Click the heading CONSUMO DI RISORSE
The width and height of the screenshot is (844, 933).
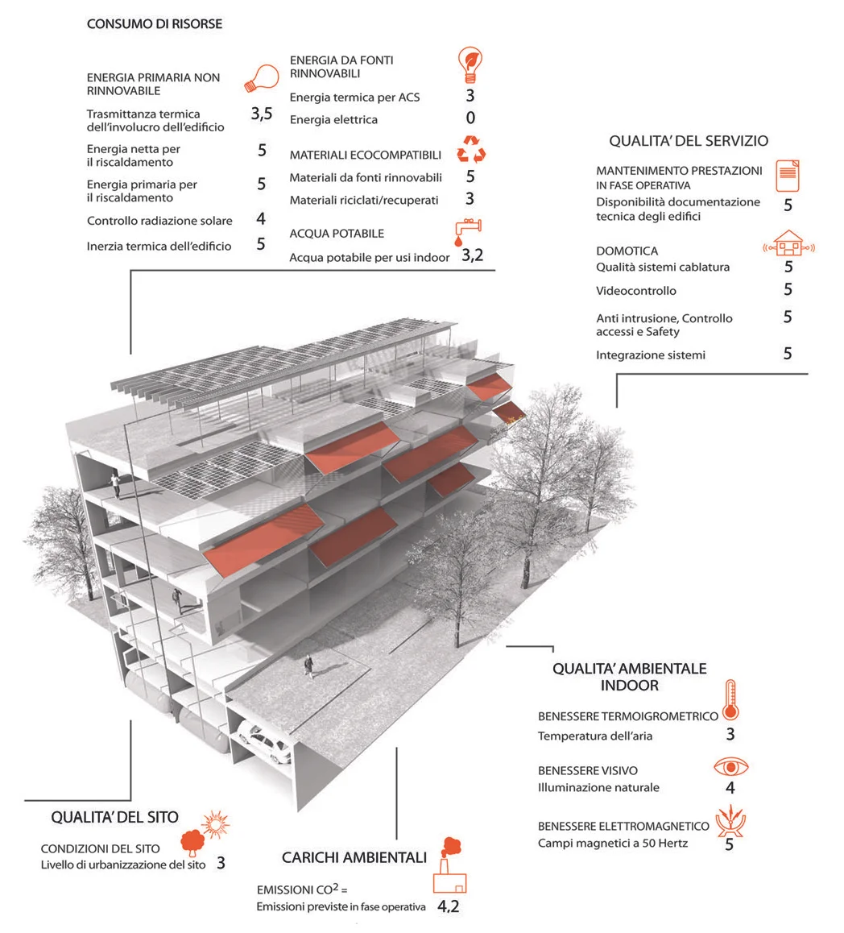click(x=155, y=24)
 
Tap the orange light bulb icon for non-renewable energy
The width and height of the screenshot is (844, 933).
click(x=263, y=78)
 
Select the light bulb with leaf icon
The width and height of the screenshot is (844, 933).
click(x=470, y=64)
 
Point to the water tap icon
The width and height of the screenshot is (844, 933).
click(x=467, y=231)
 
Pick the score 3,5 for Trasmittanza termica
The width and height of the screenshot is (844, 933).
click(x=261, y=114)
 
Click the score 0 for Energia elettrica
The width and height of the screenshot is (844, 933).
click(x=470, y=118)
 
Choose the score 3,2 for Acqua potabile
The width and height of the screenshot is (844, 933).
click(x=472, y=256)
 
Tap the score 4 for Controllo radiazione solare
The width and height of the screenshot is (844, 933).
click(x=261, y=219)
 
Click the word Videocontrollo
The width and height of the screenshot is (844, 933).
click(x=636, y=291)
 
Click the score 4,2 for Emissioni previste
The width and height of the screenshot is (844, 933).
click(x=449, y=906)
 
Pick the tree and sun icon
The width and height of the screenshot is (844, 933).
click(x=206, y=833)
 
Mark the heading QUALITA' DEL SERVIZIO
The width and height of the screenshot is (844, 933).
click(x=689, y=141)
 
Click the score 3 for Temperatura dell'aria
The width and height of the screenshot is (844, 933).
click(x=730, y=734)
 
